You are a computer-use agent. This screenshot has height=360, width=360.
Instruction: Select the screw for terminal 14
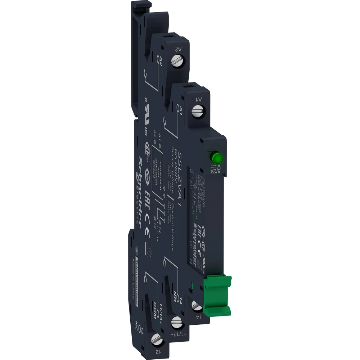coord(196,307)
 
